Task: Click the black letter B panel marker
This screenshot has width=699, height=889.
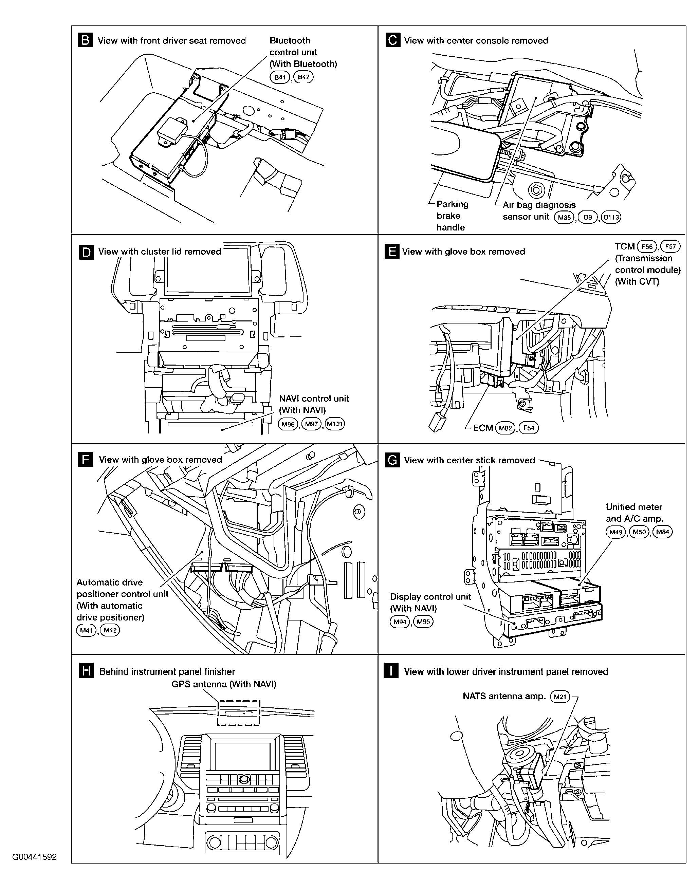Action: pyautogui.click(x=85, y=40)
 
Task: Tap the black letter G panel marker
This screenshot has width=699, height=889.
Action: pyautogui.click(x=392, y=460)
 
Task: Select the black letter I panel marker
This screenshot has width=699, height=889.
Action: pyautogui.click(x=391, y=671)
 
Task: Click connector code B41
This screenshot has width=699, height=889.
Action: pyautogui.click(x=280, y=77)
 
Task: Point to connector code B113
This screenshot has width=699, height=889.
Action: pyautogui.click(x=611, y=217)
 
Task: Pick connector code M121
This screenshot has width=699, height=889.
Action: pyautogui.click(x=335, y=424)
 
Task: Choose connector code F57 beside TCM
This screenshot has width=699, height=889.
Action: pyautogui.click(x=670, y=247)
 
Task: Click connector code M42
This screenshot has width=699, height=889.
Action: pyautogui.click(x=110, y=630)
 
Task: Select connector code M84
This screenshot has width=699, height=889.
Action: pyautogui.click(x=663, y=532)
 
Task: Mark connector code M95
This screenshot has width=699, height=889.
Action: pyautogui.click(x=423, y=622)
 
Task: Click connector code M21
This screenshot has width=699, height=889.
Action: pyautogui.click(x=560, y=696)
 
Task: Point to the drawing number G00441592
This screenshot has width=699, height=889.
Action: pyautogui.click(x=34, y=857)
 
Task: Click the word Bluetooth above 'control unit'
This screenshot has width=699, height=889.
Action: pyautogui.click(x=290, y=40)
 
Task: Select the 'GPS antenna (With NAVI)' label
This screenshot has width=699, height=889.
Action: pyautogui.click(x=223, y=684)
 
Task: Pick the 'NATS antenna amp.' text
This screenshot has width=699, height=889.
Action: pyautogui.click(x=504, y=696)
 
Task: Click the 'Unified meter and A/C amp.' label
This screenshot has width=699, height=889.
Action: pyautogui.click(x=633, y=513)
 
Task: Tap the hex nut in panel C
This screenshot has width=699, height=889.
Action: pyautogui.click(x=535, y=190)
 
